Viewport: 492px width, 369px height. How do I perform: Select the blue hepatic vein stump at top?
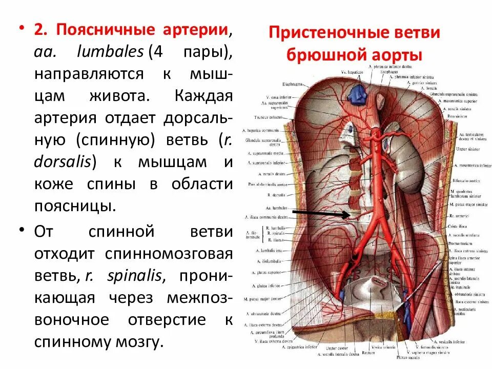[356, 92]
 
